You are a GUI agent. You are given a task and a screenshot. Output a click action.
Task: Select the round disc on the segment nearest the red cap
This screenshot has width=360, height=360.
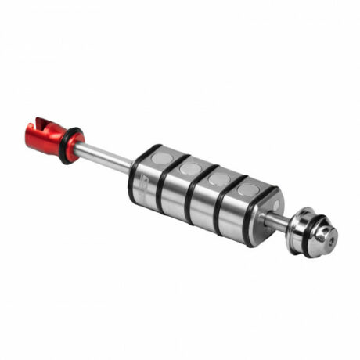click(160, 158)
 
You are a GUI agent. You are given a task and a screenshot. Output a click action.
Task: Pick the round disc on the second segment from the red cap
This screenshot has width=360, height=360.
click(189, 168)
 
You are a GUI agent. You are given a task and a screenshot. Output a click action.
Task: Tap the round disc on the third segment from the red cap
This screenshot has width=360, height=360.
click(219, 179)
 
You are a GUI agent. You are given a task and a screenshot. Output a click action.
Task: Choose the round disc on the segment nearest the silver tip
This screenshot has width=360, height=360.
click(247, 190)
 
